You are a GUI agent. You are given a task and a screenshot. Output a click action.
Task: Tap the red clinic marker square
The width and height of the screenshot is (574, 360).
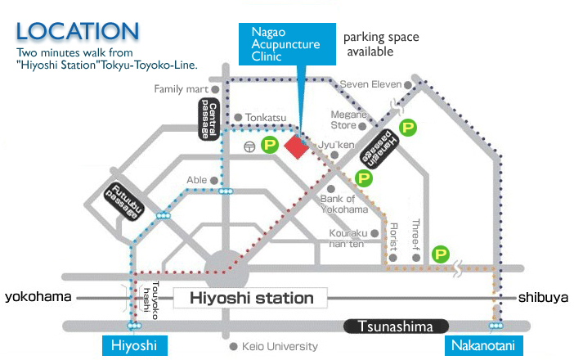(296, 146)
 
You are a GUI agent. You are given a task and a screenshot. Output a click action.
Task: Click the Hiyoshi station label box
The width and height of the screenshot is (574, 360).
(251, 298)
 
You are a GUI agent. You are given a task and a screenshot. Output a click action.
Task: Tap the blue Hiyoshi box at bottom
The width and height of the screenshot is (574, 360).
(133, 346)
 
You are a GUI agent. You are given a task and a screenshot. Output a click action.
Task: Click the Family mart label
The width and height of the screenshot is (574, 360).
(180, 89)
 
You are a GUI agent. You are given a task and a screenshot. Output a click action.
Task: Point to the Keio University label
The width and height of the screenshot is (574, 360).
(279, 346)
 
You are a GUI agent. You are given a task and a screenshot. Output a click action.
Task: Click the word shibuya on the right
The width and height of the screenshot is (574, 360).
(543, 297)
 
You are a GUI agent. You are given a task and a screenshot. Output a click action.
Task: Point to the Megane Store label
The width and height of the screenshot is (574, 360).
(344, 119)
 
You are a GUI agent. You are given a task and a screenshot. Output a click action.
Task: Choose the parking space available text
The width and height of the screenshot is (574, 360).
(380, 44)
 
